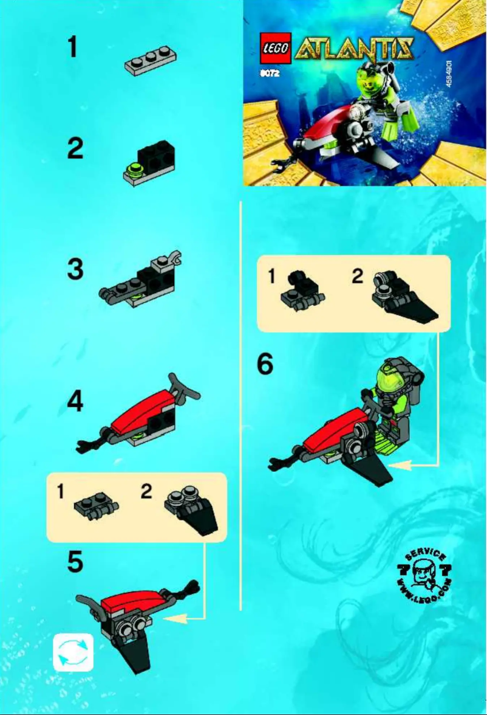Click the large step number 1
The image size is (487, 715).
point(72,46)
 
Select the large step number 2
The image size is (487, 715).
point(75,149)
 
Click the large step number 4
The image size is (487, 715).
point(75,402)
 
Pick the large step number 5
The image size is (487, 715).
point(75,562)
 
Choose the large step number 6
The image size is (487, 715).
point(265,365)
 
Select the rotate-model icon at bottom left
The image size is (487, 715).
point(73,652)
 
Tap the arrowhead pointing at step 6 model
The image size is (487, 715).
point(397,465)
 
